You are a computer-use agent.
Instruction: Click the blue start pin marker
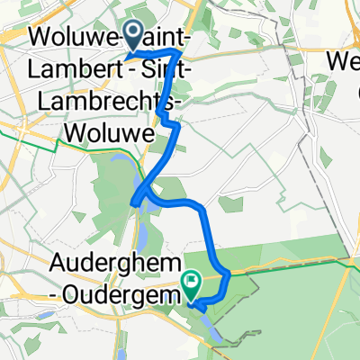[132, 36]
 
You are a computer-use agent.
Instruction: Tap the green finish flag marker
[192, 284]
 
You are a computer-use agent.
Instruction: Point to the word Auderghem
[98, 266]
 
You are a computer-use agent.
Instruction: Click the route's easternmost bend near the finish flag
[229, 272]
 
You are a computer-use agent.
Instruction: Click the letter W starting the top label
[40, 39]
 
